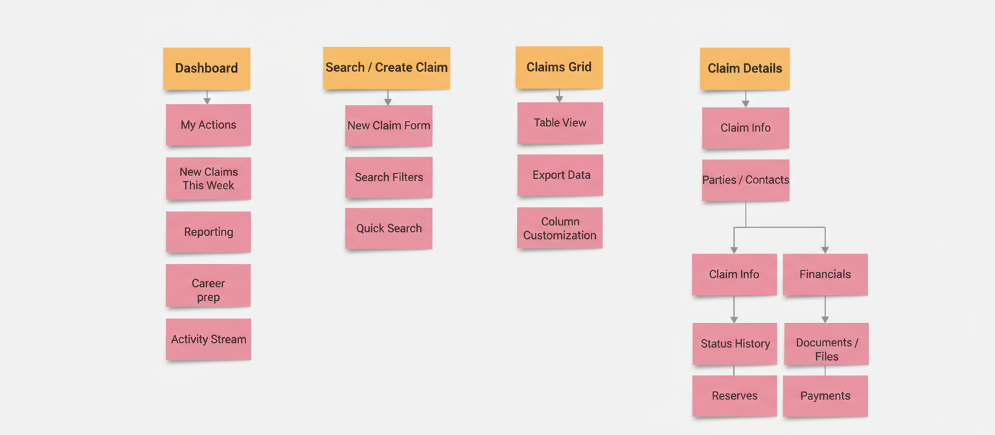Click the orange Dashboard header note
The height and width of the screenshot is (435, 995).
[207, 68]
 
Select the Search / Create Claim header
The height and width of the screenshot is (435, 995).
[386, 67]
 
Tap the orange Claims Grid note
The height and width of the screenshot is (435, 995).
[559, 67]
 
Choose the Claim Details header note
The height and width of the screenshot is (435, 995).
[744, 68]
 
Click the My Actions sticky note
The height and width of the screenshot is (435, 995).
[208, 125]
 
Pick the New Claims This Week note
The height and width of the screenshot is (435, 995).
[208, 178]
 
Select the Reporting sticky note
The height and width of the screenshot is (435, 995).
[208, 232]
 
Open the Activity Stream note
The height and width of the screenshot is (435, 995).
[208, 339]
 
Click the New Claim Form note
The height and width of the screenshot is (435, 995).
[389, 126]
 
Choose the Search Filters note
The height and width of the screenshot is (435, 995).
[389, 177]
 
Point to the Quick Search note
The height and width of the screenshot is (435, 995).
[389, 228]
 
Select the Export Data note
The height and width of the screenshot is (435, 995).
[560, 175]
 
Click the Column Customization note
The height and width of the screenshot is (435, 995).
[560, 228]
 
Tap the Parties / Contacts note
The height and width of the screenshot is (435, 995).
[745, 180]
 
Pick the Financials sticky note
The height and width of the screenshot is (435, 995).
[825, 274]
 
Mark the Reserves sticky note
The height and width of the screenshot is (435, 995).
[734, 396]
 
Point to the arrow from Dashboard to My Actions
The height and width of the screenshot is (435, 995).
[207, 97]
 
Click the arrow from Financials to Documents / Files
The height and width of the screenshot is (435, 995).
[825, 309]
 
